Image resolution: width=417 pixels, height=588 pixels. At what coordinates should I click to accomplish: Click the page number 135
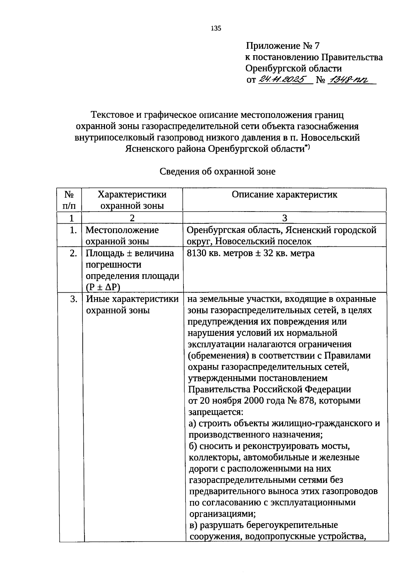coord(216,29)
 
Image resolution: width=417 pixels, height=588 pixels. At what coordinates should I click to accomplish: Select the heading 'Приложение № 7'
coord(283,46)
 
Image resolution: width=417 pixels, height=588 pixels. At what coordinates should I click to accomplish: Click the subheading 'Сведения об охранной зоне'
coord(218,172)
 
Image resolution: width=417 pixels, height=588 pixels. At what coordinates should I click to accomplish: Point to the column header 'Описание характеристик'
coord(284,194)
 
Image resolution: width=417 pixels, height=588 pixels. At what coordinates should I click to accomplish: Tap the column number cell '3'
coord(284,218)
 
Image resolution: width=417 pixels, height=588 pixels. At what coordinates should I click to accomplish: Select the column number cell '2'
coord(132,218)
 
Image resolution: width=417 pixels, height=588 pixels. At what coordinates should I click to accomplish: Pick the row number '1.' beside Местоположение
coord(73,230)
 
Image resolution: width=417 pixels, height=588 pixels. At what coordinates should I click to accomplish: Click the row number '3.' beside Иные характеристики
coord(73,299)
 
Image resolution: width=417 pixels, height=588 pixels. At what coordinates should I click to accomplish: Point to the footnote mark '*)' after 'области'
coord(308,147)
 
